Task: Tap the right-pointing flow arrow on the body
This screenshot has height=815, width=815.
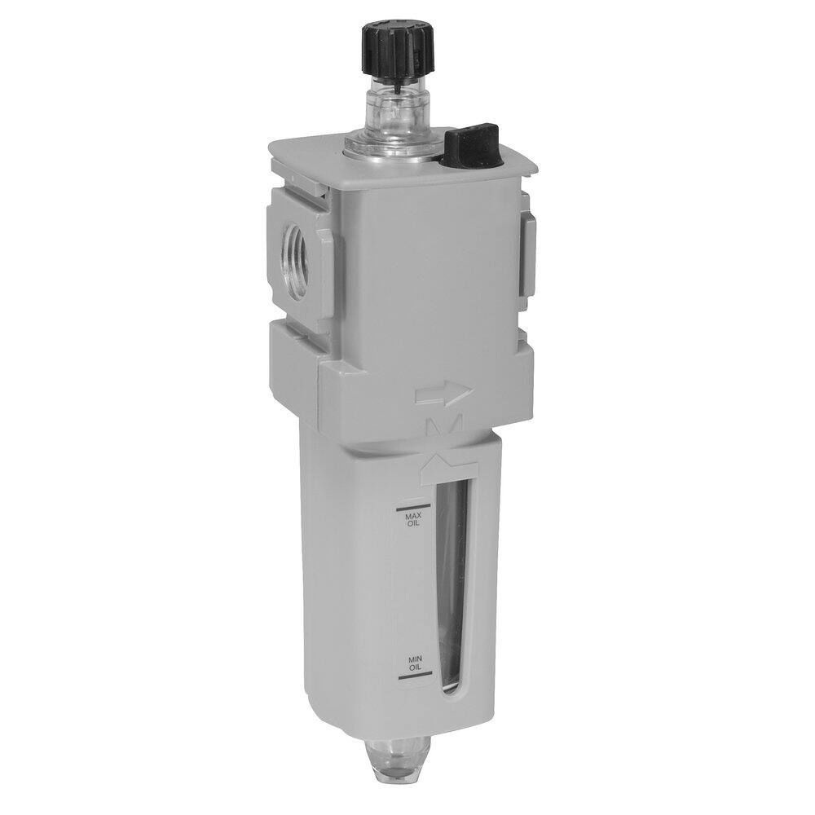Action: click(443, 394)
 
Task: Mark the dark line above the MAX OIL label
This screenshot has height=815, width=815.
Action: click(407, 504)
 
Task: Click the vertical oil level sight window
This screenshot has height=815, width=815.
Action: click(452, 587)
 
